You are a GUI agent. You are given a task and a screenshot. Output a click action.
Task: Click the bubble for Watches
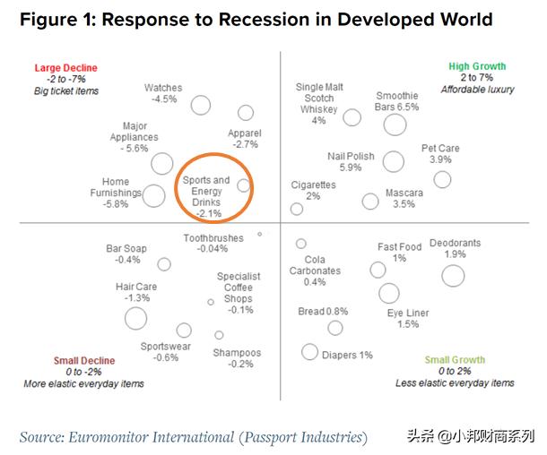click(200, 105)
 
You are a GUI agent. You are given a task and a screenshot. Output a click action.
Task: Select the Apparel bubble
click(246, 113)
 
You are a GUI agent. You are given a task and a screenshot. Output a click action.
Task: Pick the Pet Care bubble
click(442, 179)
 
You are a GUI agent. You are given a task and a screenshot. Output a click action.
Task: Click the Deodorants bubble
click(453, 275)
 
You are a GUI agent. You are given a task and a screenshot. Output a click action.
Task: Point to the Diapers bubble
click(309, 353)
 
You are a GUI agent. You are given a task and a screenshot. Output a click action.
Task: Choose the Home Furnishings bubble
click(154, 195)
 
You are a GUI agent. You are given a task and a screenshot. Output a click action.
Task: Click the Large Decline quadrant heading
click(65, 68)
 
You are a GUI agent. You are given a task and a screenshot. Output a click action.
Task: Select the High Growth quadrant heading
click(477, 66)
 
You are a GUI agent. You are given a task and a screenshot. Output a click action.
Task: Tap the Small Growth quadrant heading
click(456, 360)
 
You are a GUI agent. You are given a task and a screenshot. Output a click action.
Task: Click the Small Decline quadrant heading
click(84, 361)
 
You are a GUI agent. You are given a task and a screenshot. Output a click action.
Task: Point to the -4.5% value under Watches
click(163, 99)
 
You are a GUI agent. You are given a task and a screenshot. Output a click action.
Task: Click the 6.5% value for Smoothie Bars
click(406, 107)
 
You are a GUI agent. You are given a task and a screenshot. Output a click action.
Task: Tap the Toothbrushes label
click(213, 237)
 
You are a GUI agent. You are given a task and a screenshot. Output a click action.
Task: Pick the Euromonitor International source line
click(193, 436)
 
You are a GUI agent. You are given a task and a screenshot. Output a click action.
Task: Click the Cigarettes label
click(314, 185)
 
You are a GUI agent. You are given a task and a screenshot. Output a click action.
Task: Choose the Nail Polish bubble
click(392, 161)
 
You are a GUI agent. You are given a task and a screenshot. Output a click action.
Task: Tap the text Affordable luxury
click(476, 90)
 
